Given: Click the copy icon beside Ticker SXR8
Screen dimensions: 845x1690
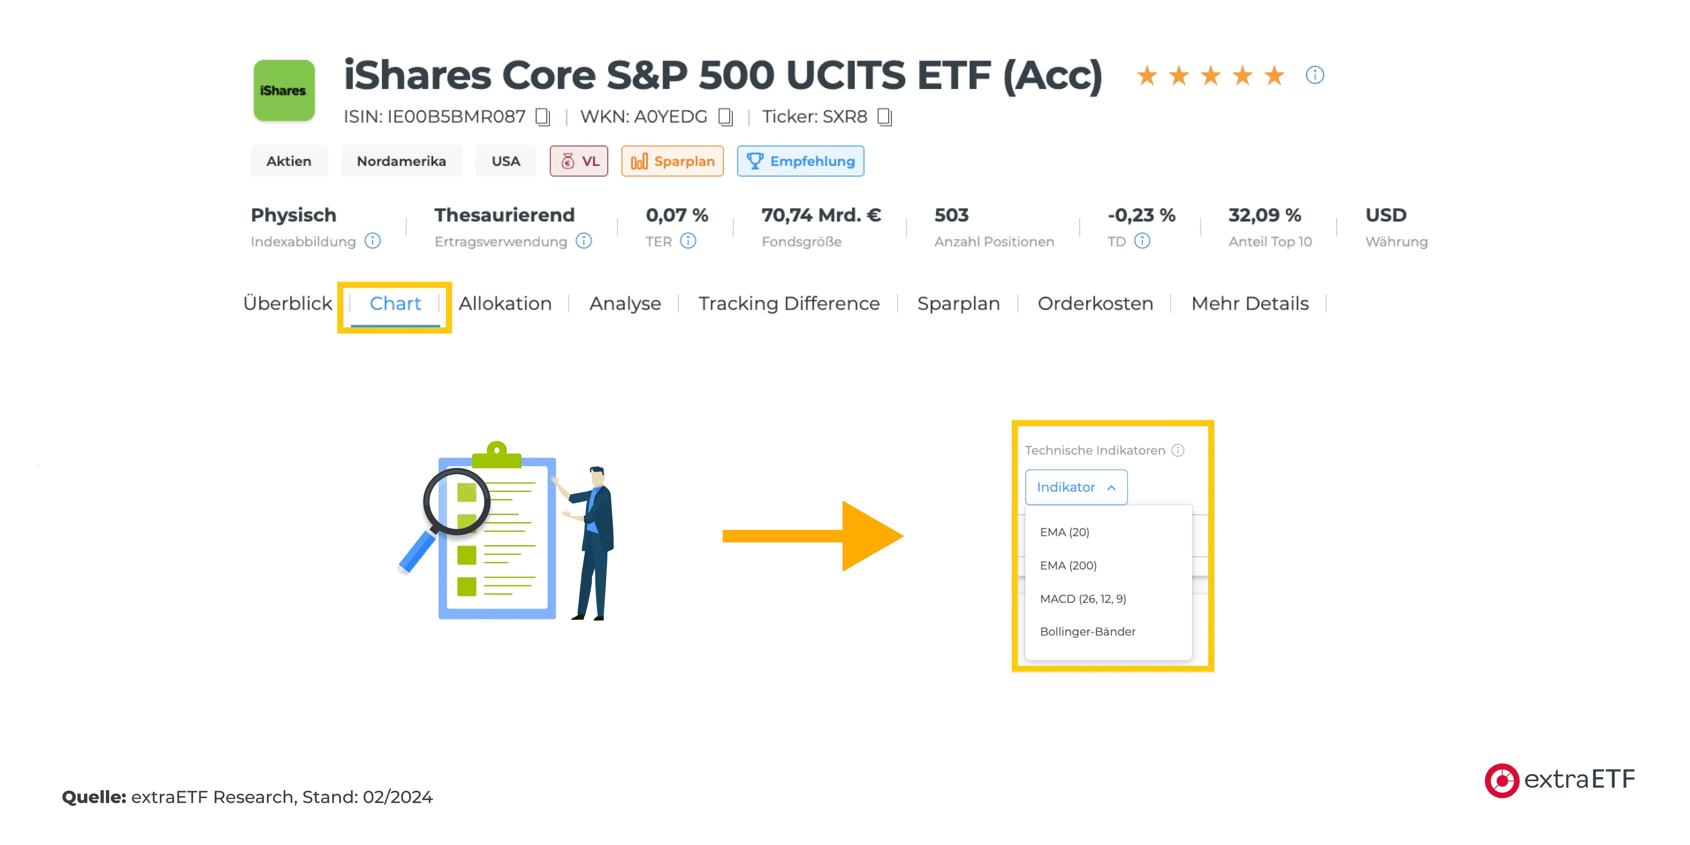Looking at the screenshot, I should (x=885, y=117).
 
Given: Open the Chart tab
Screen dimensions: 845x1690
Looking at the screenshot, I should (x=395, y=304).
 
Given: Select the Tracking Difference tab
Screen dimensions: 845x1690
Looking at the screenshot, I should (x=789, y=304).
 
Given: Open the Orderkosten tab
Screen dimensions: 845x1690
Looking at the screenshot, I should (x=1095, y=304).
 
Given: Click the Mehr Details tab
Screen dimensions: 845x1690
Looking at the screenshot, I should (x=1250, y=304).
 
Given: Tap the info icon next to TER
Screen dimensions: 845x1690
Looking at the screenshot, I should (x=688, y=241).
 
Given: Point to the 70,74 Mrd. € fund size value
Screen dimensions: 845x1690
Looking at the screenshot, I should (x=821, y=215).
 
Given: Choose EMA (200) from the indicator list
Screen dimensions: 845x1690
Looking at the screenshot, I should (x=1068, y=565).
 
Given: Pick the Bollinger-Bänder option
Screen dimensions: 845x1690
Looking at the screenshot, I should (x=1088, y=632).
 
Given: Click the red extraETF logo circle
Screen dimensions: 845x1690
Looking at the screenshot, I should (x=1501, y=781).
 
